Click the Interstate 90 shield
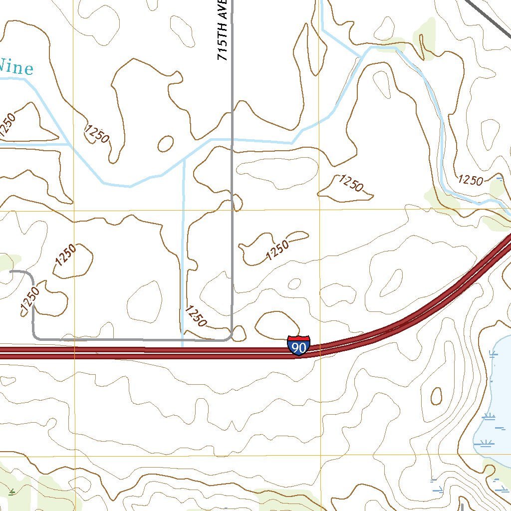tap(298, 345)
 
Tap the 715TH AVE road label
tap(223, 30)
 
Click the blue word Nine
tap(16, 67)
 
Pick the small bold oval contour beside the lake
tap(436, 396)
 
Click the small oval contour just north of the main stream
tap(165, 144)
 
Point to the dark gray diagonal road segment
tap(489, 15)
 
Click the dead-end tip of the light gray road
tap(11, 272)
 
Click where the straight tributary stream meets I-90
tap(183, 345)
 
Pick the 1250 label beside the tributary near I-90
tap(196, 316)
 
